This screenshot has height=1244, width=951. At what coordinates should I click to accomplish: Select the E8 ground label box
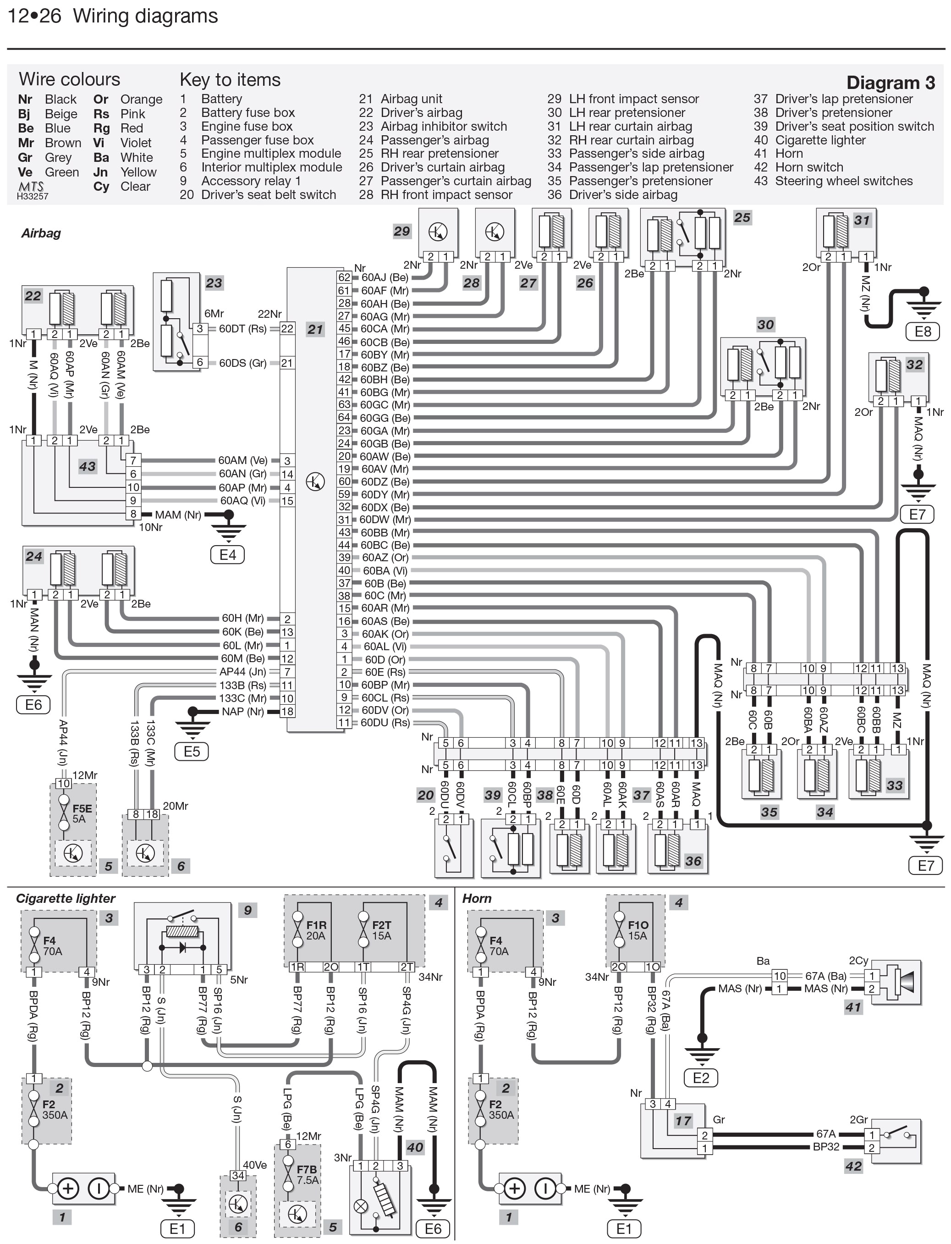click(923, 331)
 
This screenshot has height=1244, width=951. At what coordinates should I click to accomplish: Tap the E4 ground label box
click(228, 554)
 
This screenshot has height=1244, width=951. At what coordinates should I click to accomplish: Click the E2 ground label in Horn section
click(701, 1077)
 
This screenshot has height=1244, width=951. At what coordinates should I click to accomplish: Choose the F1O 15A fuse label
click(638, 930)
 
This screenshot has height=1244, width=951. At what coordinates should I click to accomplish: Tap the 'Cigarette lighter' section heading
click(65, 899)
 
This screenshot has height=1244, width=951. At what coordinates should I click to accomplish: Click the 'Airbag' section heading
click(41, 233)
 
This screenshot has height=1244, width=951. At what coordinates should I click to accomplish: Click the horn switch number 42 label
click(853, 1166)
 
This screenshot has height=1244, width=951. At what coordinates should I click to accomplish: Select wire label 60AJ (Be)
click(385, 277)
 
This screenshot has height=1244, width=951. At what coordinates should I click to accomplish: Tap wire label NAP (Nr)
click(242, 711)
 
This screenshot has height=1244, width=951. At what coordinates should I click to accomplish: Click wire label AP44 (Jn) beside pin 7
click(242, 672)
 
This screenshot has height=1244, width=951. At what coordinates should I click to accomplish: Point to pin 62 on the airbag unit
click(344, 277)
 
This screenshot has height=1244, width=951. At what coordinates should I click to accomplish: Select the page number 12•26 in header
click(34, 16)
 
